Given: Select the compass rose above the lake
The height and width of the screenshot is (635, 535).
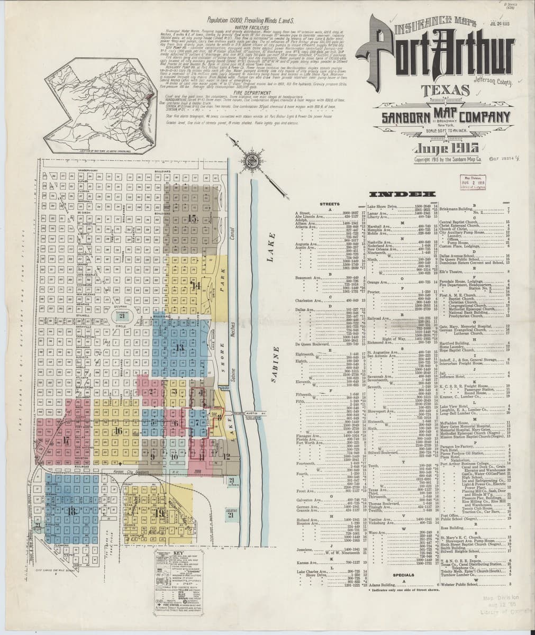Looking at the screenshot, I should (x=248, y=157).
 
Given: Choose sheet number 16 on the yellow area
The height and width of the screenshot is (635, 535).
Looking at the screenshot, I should (x=118, y=431).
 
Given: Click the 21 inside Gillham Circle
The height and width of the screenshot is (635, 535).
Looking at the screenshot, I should (x=122, y=316).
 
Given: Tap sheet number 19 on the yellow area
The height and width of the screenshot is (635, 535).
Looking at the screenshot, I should (x=159, y=512).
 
